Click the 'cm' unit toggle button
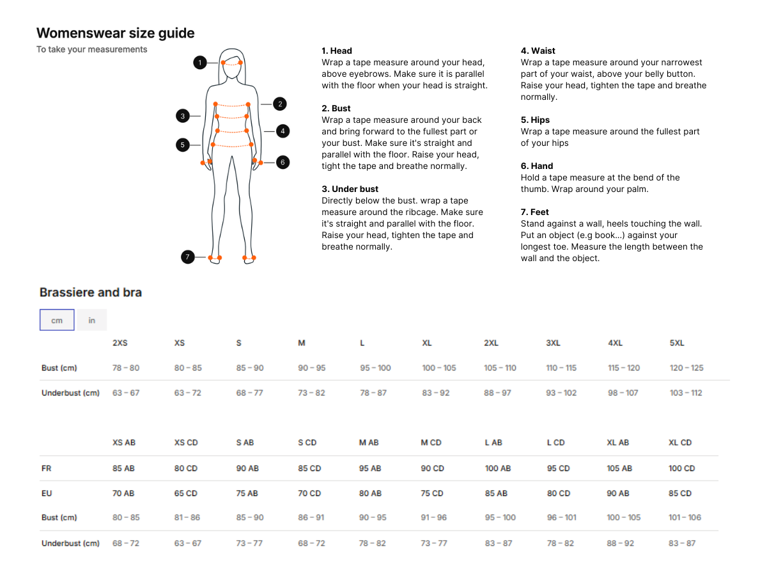(57, 319)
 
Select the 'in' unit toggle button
(92, 319)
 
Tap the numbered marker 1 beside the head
(200, 63)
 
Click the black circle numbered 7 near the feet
(188, 257)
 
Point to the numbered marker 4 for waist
(283, 131)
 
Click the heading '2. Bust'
(336, 108)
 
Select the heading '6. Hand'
(537, 166)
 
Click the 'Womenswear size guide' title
(115, 33)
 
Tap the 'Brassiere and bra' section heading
(91, 292)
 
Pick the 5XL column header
(677, 343)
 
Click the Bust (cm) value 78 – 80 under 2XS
(126, 368)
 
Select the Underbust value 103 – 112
(686, 393)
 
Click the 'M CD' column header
(431, 442)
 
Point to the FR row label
(47, 468)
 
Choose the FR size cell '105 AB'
(619, 468)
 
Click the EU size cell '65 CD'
(185, 493)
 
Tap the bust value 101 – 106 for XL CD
(685, 517)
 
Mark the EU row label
(47, 493)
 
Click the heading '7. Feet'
(534, 212)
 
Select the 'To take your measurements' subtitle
(92, 49)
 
